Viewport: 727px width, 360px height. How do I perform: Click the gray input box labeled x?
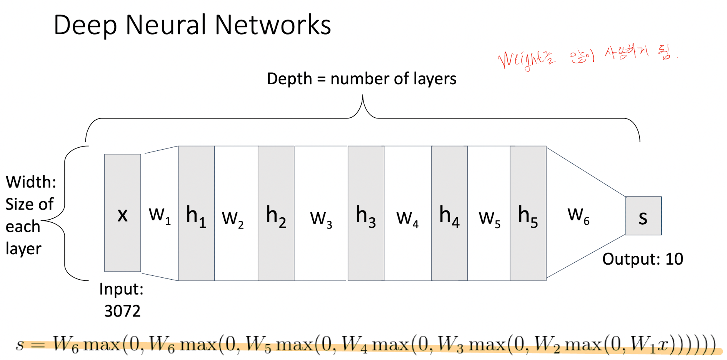click(x=122, y=213)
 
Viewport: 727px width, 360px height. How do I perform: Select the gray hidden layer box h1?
click(x=196, y=213)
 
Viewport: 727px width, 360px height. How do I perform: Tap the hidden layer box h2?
click(x=276, y=213)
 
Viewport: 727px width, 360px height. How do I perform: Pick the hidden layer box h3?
click(x=366, y=213)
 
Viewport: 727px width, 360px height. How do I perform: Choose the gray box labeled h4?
click(x=449, y=213)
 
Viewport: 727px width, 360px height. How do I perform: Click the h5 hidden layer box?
click(x=528, y=213)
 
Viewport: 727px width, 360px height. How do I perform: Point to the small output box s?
click(x=643, y=216)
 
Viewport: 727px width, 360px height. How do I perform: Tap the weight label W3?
click(x=321, y=218)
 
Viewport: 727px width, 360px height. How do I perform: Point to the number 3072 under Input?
click(x=122, y=311)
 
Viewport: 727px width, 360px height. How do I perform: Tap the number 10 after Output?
click(x=674, y=259)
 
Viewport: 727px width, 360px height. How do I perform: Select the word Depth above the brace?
click(x=289, y=79)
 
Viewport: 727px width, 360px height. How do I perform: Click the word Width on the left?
click(x=31, y=182)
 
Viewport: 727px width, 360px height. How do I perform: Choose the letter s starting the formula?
click(x=20, y=344)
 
